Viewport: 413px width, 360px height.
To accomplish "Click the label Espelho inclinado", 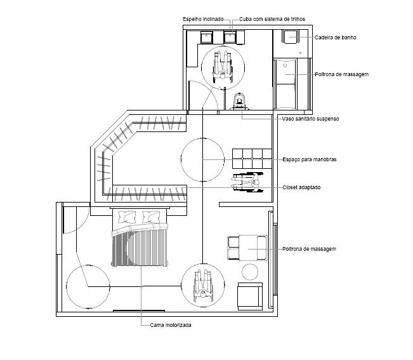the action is (x=203, y=19).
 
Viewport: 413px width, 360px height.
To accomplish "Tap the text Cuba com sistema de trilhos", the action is (x=272, y=19).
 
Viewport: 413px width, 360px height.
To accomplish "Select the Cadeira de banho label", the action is (x=336, y=37).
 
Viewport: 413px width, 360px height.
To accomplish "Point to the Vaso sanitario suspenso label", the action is (x=310, y=119).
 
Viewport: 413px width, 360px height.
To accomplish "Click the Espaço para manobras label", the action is (x=310, y=159).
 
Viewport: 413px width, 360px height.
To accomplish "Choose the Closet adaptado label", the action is (x=301, y=187).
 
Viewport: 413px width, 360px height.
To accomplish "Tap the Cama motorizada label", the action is (x=171, y=325).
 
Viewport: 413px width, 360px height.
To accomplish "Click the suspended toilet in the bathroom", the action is (x=239, y=101).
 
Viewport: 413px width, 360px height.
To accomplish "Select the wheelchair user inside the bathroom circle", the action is (x=223, y=67).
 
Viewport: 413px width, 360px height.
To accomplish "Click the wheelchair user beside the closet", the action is (x=247, y=182).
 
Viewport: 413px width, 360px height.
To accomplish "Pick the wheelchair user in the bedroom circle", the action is (x=203, y=286).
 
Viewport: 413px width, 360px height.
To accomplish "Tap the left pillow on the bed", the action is (x=128, y=217).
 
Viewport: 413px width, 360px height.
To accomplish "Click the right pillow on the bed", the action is (x=151, y=217).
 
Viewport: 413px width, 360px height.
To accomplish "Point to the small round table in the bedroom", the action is (x=250, y=272).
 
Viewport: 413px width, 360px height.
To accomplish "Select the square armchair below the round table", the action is (x=250, y=297).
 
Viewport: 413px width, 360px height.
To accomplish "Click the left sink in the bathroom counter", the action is (x=207, y=37).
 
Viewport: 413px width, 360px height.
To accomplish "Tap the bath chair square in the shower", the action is (x=291, y=36).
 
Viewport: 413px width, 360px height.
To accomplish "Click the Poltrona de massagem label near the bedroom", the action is (x=309, y=249).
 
